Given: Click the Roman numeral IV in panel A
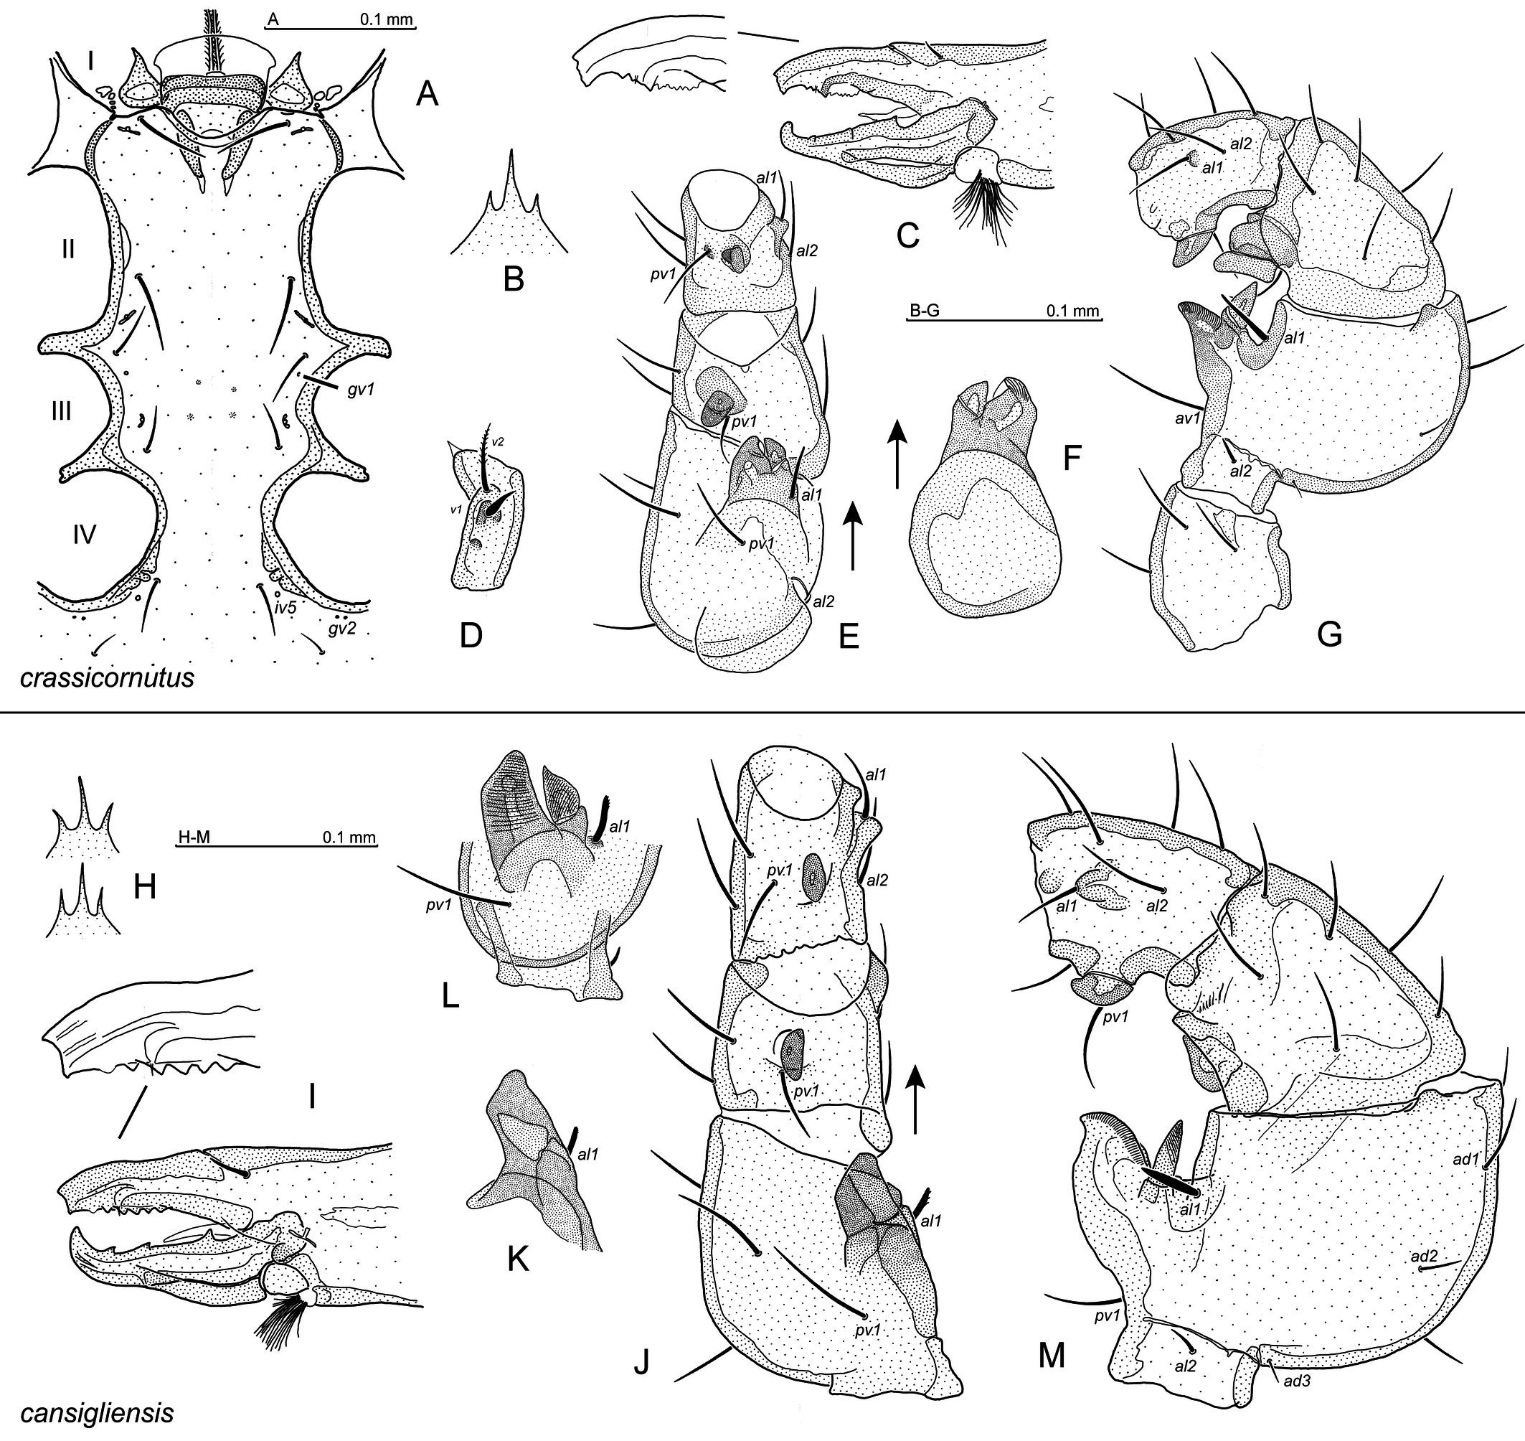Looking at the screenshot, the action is click(85, 534).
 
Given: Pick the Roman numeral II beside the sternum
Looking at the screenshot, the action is click(68, 249).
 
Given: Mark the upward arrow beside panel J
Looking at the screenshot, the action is click(915, 1102).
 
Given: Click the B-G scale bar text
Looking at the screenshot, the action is click(925, 311).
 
